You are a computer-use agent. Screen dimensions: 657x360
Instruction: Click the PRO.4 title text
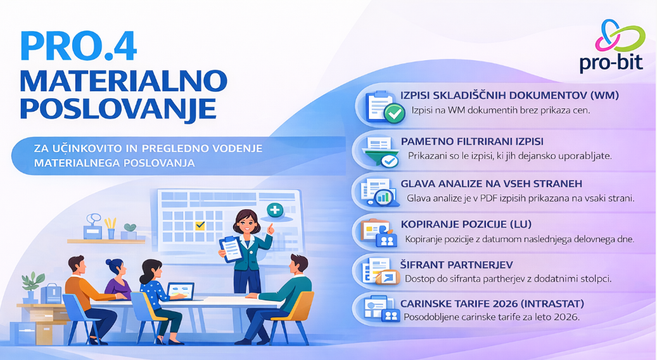[79, 46]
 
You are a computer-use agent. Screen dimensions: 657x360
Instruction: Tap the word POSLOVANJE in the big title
[118, 108]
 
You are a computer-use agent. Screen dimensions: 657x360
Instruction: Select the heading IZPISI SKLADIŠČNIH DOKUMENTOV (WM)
[509, 95]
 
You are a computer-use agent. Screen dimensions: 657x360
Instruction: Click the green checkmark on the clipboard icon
[395, 113]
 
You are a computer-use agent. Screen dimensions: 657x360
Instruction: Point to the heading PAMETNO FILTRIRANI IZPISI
[472, 141]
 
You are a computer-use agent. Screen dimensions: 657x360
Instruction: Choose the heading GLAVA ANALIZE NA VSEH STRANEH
[491, 184]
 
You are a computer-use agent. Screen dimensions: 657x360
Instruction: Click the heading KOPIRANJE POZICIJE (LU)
[466, 224]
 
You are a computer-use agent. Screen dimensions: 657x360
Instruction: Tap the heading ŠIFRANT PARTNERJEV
[456, 264]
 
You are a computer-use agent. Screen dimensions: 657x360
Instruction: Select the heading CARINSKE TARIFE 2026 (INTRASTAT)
[492, 304]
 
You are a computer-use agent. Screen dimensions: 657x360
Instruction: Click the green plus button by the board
[276, 210]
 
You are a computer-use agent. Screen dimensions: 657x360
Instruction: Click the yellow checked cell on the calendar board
[200, 226]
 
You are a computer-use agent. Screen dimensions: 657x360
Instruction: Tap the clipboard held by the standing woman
[231, 249]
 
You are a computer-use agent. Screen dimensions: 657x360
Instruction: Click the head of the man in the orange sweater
[77, 265]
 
